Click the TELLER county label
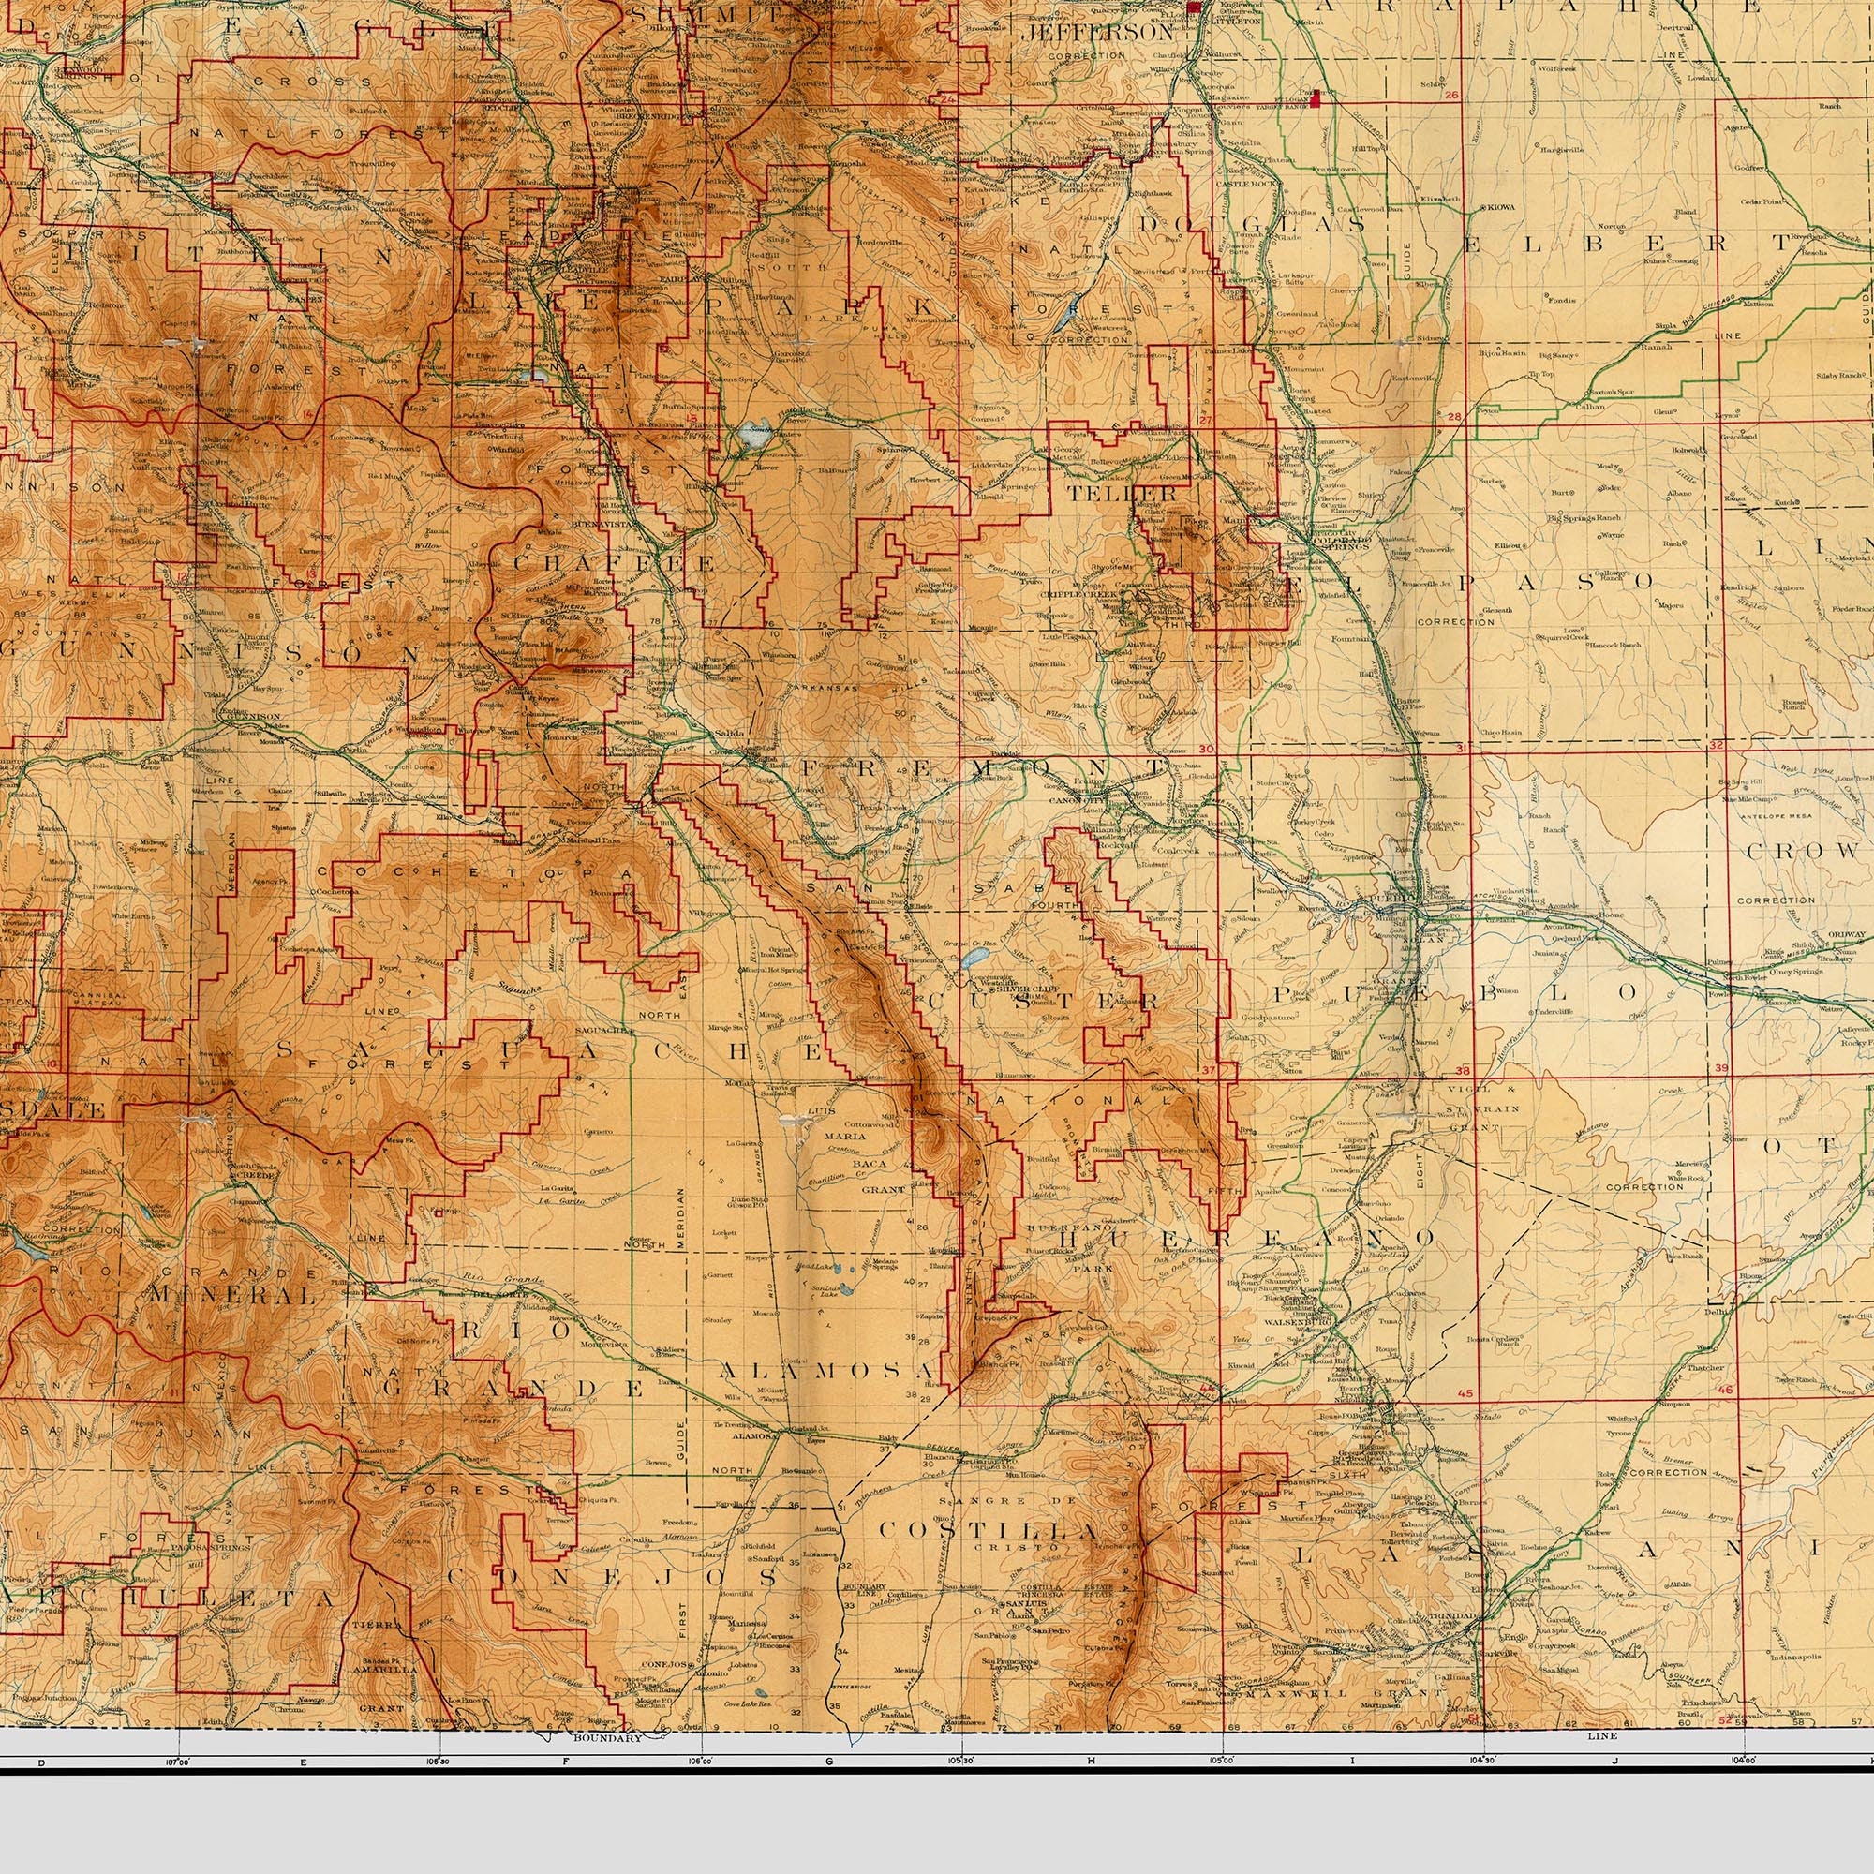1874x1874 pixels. (1122, 493)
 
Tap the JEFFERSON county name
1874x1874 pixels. (1099, 32)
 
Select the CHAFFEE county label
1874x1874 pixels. (613, 563)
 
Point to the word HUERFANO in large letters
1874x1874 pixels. (1245, 1238)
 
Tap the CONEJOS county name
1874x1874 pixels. (636, 1578)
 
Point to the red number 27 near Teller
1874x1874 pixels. (1206, 420)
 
